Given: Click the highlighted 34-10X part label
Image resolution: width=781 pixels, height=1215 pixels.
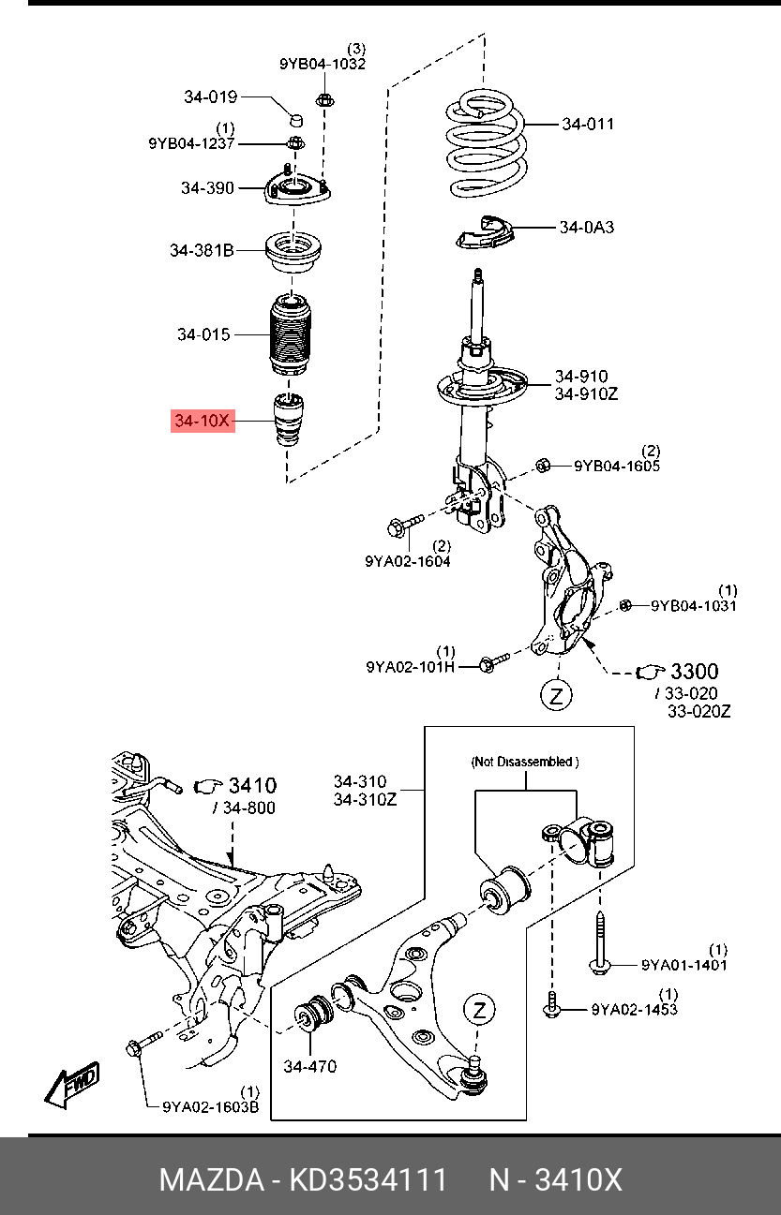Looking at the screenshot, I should tap(202, 422).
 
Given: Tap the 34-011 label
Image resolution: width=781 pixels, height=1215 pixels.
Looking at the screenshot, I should tap(588, 124).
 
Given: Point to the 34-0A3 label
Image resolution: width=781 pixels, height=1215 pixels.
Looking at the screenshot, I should tap(587, 227).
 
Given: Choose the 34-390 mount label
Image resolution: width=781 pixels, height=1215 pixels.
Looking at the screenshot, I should tap(207, 188).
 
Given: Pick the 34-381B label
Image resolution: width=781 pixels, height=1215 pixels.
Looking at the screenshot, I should tap(202, 250).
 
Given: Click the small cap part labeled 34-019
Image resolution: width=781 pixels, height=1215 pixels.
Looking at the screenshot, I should tap(294, 120).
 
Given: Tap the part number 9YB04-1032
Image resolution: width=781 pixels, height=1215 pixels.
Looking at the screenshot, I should tap(323, 64).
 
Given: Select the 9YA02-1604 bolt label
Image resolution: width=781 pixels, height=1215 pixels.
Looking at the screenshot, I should tap(408, 561).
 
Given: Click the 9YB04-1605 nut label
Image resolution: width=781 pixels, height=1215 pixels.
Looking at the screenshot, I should tap(617, 466).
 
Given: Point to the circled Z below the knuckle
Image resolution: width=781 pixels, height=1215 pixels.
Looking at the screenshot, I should tap(557, 696).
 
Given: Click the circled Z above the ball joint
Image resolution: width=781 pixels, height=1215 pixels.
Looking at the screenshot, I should tap(479, 1009).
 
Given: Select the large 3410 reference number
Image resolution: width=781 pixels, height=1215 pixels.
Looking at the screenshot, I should tap(251, 785).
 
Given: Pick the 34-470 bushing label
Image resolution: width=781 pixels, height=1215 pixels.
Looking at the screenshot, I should tap(309, 1066).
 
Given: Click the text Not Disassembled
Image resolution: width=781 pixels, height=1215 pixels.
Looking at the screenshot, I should tap(524, 763).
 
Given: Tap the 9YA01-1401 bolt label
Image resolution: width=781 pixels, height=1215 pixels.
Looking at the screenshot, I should tap(684, 965).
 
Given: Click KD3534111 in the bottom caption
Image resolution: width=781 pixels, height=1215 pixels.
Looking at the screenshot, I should tap(367, 1179).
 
